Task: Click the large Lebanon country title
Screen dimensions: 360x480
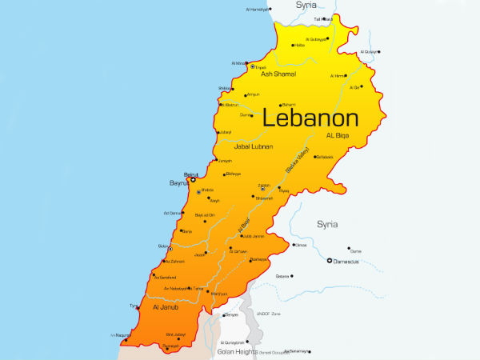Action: click(x=310, y=118)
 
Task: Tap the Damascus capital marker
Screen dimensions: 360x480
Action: click(x=330, y=260)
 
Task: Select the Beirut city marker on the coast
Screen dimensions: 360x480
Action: click(x=192, y=181)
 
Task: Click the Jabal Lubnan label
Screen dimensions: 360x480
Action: click(x=253, y=146)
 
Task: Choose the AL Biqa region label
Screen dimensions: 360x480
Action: click(x=339, y=136)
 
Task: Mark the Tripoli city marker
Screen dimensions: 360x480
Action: click(x=253, y=66)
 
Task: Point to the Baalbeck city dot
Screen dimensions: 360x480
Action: click(x=314, y=157)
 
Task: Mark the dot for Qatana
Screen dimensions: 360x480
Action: click(x=292, y=276)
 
